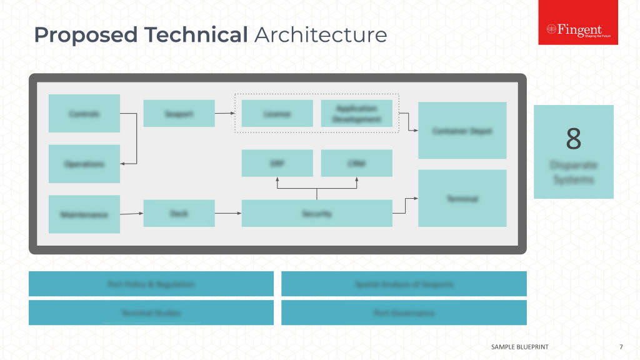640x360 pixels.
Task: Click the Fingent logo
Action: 578,30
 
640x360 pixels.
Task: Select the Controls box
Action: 84,113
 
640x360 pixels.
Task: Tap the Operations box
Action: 84,164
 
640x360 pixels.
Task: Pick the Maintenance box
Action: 84,214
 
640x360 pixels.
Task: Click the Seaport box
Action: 179,113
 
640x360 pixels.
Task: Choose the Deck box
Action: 179,213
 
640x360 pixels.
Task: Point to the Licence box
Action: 277,113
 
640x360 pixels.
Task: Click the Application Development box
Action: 356,113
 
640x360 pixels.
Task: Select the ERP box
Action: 277,163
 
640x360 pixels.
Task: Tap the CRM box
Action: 356,163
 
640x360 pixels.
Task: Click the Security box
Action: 317,213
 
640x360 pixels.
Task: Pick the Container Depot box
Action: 462,131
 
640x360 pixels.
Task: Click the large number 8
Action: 574,139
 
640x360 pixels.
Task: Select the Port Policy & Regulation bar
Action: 151,284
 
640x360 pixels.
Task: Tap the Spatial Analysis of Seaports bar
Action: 404,284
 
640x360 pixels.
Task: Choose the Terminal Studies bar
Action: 151,312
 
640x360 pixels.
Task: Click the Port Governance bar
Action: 404,312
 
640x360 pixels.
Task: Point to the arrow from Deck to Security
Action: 228,213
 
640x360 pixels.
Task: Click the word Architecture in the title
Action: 321,35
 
